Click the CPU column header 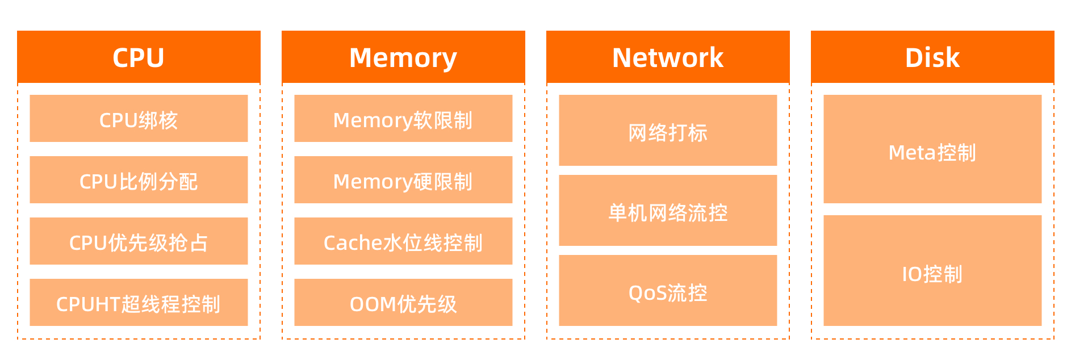139,57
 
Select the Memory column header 403,57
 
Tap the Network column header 668,57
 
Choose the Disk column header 932,57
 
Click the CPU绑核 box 139,118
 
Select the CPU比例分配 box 139,179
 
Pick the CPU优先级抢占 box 139,241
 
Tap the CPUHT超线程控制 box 139,302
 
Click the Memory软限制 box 403,118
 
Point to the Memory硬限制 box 403,179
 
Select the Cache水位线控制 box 403,241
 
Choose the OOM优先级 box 403,302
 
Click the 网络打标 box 668,130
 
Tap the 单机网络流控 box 668,210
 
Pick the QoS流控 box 668,290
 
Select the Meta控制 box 932,149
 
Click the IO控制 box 932,270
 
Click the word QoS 647,293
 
